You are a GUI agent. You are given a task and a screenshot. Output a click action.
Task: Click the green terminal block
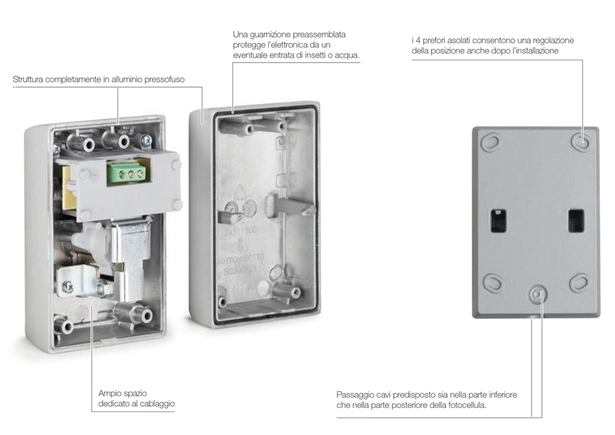tap(128, 173)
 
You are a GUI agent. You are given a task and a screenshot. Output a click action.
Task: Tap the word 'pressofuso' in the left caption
tap(165, 79)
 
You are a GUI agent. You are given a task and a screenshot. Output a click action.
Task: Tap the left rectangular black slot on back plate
tap(498, 221)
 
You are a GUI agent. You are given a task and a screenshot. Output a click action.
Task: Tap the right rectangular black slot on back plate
tap(576, 221)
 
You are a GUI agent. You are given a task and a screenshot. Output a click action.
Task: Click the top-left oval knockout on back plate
tap(491, 142)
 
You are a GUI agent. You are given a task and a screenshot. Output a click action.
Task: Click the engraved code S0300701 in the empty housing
tap(240, 270)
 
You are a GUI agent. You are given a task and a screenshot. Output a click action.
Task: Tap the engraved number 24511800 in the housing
tap(240, 231)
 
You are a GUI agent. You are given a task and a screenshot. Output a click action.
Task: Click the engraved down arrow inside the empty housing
tap(240, 246)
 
